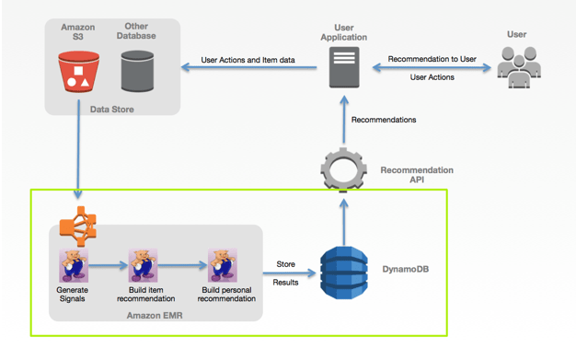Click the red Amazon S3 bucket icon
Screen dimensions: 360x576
pos(79,71)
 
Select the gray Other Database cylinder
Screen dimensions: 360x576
pos(136,70)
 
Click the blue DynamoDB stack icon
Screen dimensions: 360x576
pos(343,269)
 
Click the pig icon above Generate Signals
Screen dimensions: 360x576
pos(73,266)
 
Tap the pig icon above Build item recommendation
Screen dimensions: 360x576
pos(143,266)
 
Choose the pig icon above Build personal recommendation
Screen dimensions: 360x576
pos(222,266)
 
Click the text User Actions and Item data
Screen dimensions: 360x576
pos(248,61)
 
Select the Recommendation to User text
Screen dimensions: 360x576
pos(432,59)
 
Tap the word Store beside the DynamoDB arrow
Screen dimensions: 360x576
pos(285,264)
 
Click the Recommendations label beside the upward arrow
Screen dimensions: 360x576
pos(384,120)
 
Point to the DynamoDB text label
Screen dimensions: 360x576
pos(406,270)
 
